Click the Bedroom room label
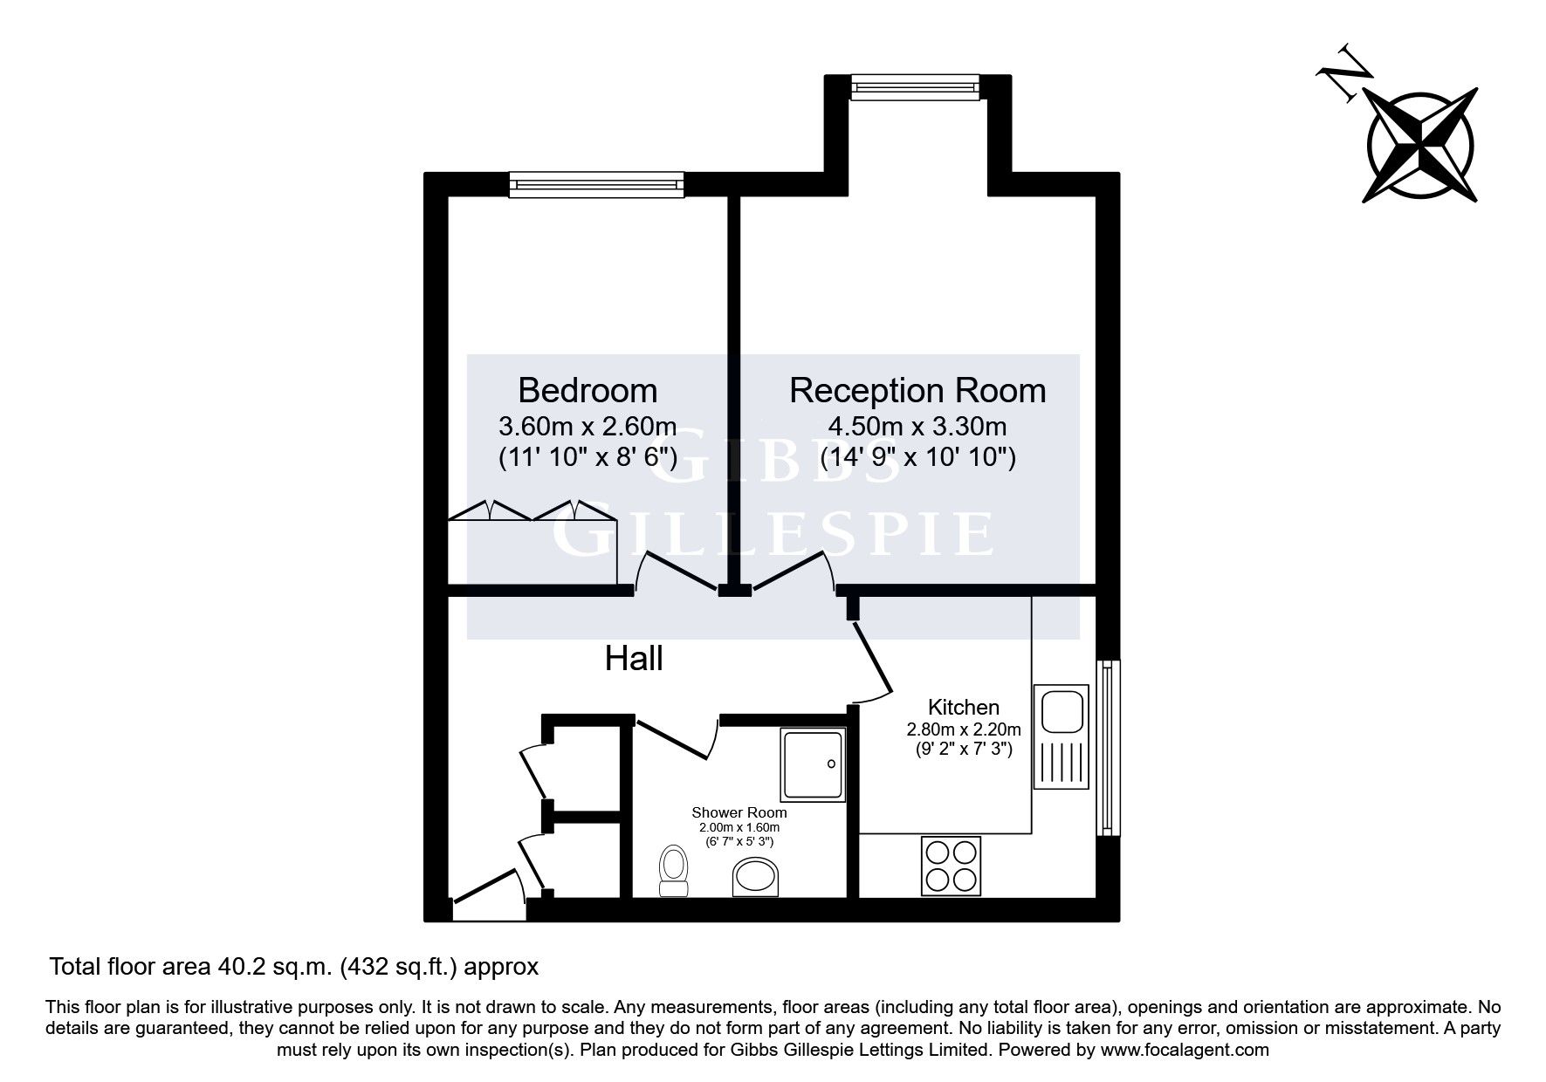pyautogui.click(x=587, y=390)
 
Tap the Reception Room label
pyautogui.click(x=917, y=390)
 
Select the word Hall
pyautogui.click(x=634, y=659)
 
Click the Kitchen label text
pyautogui.click(x=963, y=707)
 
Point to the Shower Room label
pyautogui.click(x=739, y=812)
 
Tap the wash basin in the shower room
pyautogui.click(x=756, y=876)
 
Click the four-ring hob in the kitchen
pyautogui.click(x=951, y=866)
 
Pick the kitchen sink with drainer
pyautogui.click(x=1061, y=736)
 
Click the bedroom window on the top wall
pyautogui.click(x=596, y=183)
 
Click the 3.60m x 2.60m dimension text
pyautogui.click(x=587, y=427)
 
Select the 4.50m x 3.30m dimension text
pyautogui.click(x=917, y=427)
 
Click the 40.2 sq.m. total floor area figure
pyautogui.click(x=272, y=966)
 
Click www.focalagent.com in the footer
pyautogui.click(x=1185, y=1050)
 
